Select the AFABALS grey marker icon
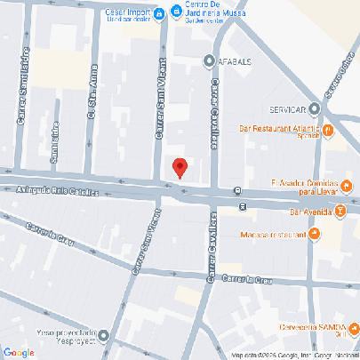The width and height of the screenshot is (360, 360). (209, 61)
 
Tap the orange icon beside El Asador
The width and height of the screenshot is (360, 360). (348, 186)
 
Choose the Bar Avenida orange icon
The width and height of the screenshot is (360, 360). (341, 212)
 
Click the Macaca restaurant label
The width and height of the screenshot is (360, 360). (272, 235)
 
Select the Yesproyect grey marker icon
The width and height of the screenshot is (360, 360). (105, 336)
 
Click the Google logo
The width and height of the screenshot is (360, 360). (19, 352)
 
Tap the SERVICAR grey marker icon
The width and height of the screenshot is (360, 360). (315, 109)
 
